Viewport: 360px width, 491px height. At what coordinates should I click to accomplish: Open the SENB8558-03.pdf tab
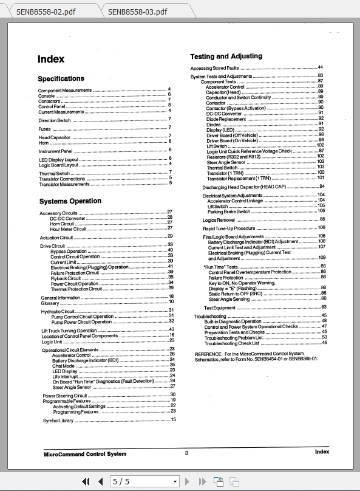coord(137,11)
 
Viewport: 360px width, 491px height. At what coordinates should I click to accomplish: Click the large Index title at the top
coord(51,60)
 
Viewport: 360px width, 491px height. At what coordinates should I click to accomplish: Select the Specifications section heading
coord(61,79)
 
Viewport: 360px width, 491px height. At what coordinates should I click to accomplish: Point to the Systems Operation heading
coord(70,201)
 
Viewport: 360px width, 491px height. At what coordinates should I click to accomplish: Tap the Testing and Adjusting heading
coord(226,57)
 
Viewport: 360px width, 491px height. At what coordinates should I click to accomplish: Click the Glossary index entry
coord(50,302)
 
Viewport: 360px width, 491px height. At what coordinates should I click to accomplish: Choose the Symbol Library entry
coord(58,420)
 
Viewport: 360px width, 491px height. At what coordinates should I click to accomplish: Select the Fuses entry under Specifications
coord(45,129)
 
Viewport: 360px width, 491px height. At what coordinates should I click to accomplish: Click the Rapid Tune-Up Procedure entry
coord(229,228)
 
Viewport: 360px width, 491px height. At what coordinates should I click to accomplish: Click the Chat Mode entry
coord(63,366)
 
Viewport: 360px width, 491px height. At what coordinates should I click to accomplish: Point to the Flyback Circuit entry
coord(66,278)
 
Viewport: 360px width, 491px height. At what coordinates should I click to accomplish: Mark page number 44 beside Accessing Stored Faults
coord(320,67)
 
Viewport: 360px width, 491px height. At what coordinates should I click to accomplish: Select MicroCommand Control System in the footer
coord(85,454)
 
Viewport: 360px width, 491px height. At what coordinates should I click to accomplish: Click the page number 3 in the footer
coord(187,453)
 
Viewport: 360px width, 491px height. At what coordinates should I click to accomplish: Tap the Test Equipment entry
coord(219,308)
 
